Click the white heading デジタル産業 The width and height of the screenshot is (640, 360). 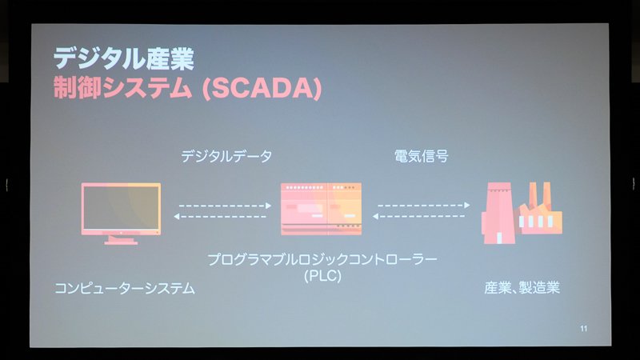(124, 58)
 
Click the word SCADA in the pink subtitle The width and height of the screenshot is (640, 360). (262, 88)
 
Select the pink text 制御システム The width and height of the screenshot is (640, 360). (122, 88)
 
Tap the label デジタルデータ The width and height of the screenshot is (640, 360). (226, 156)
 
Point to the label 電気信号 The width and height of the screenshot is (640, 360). (422, 156)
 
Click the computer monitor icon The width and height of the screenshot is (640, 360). (121, 214)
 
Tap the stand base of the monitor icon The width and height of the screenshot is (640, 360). (121, 242)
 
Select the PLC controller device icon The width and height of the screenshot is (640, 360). (322, 209)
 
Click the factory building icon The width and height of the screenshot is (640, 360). (522, 213)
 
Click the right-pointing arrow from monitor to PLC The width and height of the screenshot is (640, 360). (226, 206)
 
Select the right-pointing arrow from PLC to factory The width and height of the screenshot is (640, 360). (424, 206)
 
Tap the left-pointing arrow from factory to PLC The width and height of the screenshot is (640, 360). (418, 216)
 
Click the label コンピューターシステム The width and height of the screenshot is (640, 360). (125, 289)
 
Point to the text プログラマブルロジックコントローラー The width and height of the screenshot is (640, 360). (322, 259)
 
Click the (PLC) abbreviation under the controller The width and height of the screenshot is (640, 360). (322, 276)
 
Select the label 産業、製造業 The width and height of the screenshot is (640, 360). (522, 288)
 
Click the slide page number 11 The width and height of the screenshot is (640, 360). (584, 329)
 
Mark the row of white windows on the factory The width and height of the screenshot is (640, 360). (536, 222)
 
